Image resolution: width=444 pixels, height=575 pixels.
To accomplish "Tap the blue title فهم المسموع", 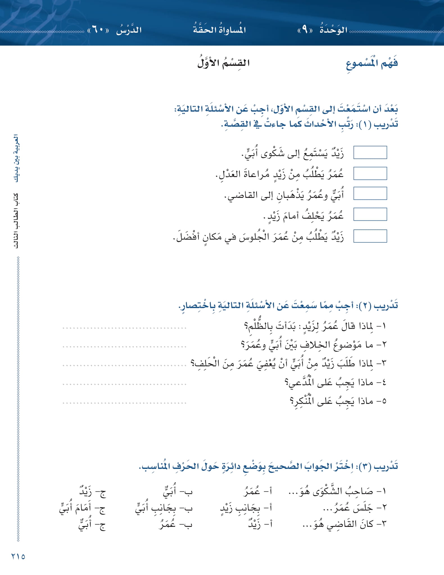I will point(371,64).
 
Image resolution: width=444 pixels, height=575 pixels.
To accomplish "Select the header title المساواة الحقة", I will point(219,30).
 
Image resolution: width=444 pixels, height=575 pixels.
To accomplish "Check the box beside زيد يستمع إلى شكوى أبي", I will point(370,152).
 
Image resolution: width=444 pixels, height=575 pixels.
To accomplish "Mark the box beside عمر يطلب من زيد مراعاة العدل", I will point(370,173).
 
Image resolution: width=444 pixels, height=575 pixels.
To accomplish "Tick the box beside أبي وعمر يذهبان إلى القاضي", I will point(370,194).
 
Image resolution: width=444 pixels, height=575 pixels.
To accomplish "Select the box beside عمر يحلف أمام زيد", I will point(370,214).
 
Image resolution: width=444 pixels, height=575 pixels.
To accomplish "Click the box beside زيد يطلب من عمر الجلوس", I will point(370,236).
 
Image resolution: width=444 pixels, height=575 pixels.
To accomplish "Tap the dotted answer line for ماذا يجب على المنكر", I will point(124,403).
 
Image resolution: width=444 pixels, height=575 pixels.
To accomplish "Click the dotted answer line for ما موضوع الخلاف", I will point(124,346).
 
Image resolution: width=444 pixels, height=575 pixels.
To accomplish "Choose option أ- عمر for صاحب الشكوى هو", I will point(258,491).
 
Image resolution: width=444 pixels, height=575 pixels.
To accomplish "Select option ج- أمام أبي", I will point(82,508).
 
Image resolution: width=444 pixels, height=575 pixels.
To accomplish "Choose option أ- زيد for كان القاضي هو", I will point(260,524).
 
